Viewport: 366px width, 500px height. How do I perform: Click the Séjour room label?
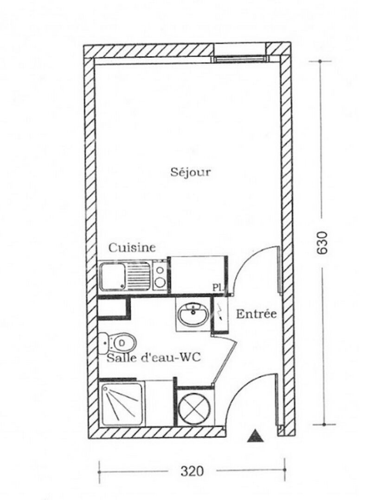pos(190,173)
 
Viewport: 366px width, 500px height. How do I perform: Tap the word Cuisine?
pos(132,248)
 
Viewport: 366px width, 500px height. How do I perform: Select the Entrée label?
pos(257,314)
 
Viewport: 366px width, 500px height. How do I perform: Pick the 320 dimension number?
pos(192,471)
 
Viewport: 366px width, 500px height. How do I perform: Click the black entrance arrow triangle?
pos(255,436)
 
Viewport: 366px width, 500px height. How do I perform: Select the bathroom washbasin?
pos(193,315)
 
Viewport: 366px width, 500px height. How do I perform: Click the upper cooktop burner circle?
pos(160,269)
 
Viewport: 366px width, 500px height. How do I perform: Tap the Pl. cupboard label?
pos(217,287)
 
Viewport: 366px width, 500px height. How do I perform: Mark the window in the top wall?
pos(240,58)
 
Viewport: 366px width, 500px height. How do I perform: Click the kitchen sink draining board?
pos(139,276)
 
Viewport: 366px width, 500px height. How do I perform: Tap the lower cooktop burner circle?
pos(160,282)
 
